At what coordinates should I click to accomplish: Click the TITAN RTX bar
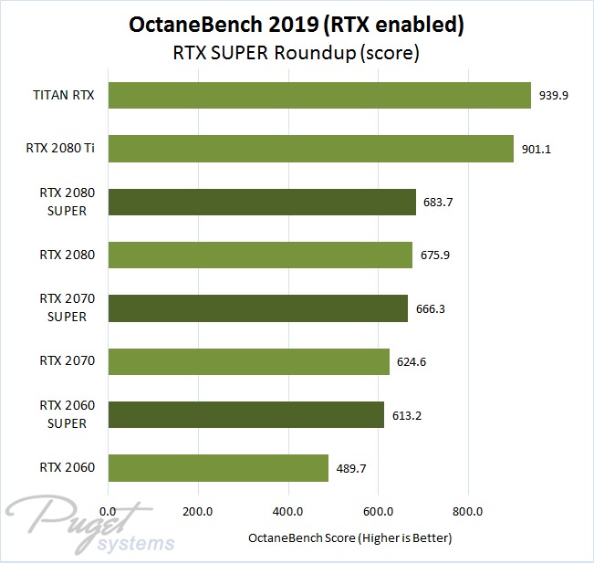(319, 96)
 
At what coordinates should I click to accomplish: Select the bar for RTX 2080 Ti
(310, 149)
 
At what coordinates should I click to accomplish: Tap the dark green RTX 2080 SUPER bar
(262, 202)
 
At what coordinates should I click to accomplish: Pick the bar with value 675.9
(260, 255)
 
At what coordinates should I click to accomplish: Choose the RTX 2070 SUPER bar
(258, 308)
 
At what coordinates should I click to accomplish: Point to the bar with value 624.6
(248, 361)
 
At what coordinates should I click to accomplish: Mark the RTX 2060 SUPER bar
(246, 415)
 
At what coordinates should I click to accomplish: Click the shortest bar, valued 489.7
(218, 468)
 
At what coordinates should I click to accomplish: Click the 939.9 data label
(554, 96)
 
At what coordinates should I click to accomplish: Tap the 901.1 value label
(537, 149)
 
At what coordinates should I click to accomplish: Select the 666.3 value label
(431, 308)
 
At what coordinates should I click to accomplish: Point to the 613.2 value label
(407, 415)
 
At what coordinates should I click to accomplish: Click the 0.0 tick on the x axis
(109, 511)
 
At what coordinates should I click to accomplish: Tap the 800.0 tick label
(468, 511)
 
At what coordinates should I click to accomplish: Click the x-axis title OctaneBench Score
(350, 538)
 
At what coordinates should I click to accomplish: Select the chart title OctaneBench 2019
(297, 26)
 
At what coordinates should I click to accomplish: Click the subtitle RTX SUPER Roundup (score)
(297, 54)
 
